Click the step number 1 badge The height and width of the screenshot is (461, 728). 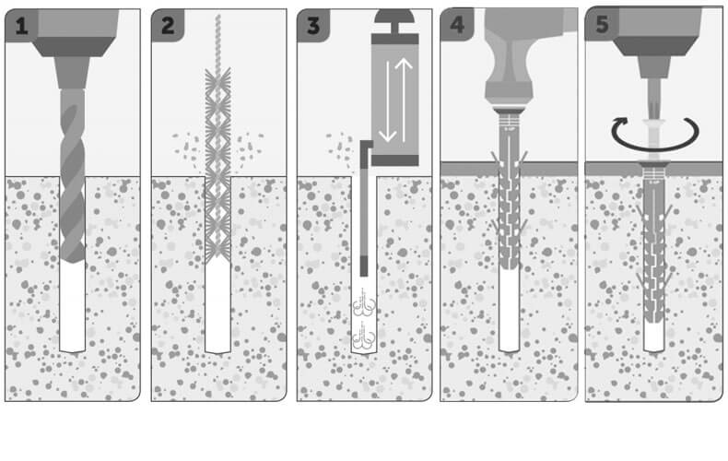point(21,26)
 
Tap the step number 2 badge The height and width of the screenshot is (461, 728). point(168,26)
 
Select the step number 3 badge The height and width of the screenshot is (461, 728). point(313,26)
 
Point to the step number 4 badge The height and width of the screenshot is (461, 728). point(457,25)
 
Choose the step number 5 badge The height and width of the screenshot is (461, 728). point(602,24)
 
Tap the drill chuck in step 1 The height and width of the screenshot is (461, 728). point(72,73)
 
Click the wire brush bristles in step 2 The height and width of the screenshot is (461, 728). point(217,166)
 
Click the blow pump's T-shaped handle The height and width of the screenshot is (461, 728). point(394,21)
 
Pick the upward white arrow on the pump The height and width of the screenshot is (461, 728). point(404,100)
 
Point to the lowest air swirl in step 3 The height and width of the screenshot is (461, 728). point(364,336)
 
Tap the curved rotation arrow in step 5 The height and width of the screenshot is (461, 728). point(655,136)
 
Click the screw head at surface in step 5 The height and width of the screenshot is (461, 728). point(653,163)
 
